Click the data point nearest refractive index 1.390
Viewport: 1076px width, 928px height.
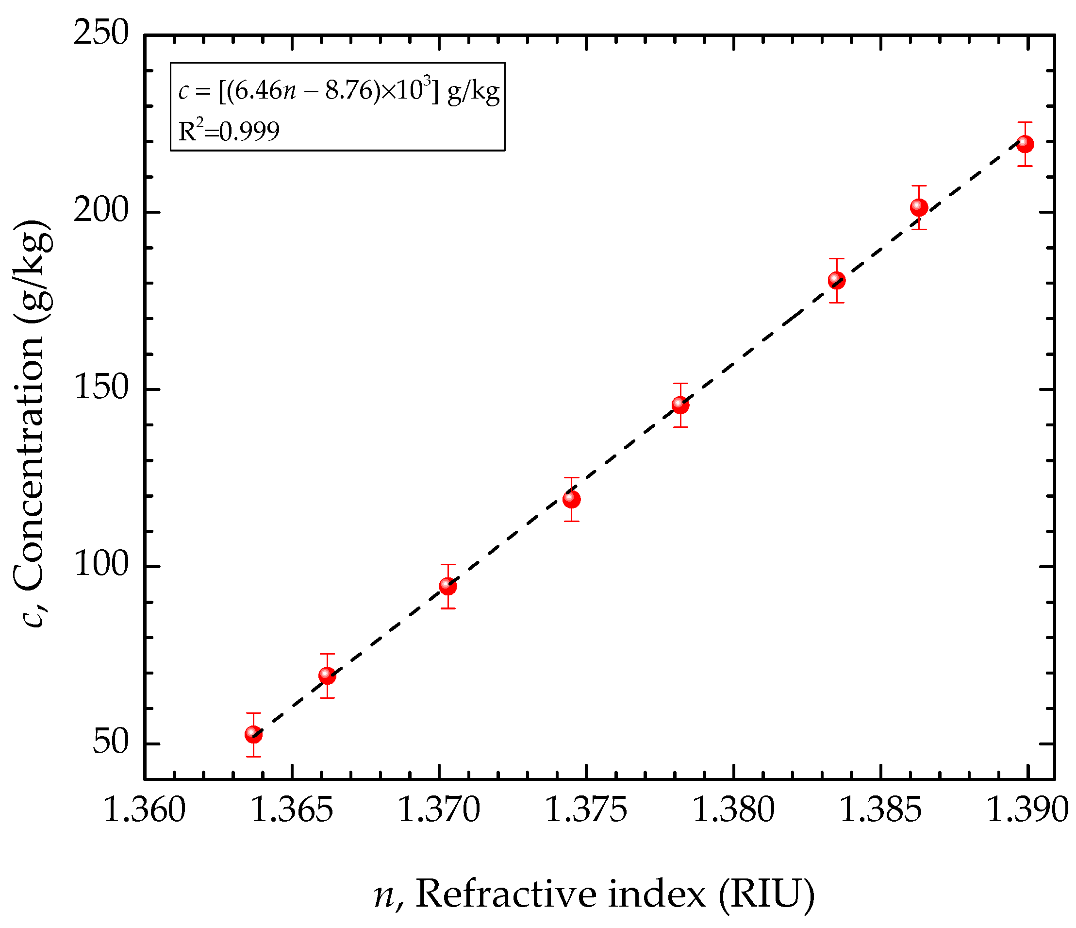[1024, 144]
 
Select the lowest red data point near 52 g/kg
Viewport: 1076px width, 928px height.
[253, 734]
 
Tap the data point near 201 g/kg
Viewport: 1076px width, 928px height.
[919, 207]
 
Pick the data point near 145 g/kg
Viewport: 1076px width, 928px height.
[680, 405]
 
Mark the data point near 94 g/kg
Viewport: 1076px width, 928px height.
[447, 586]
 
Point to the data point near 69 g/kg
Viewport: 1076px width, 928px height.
[327, 675]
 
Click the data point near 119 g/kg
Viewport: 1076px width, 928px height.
[571, 499]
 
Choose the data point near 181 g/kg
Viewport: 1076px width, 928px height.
[836, 280]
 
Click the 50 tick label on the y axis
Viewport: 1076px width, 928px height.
[110, 742]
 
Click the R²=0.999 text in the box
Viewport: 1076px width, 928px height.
[229, 131]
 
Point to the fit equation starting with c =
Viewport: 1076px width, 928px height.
[339, 91]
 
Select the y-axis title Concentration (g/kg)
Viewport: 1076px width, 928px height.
[32, 423]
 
